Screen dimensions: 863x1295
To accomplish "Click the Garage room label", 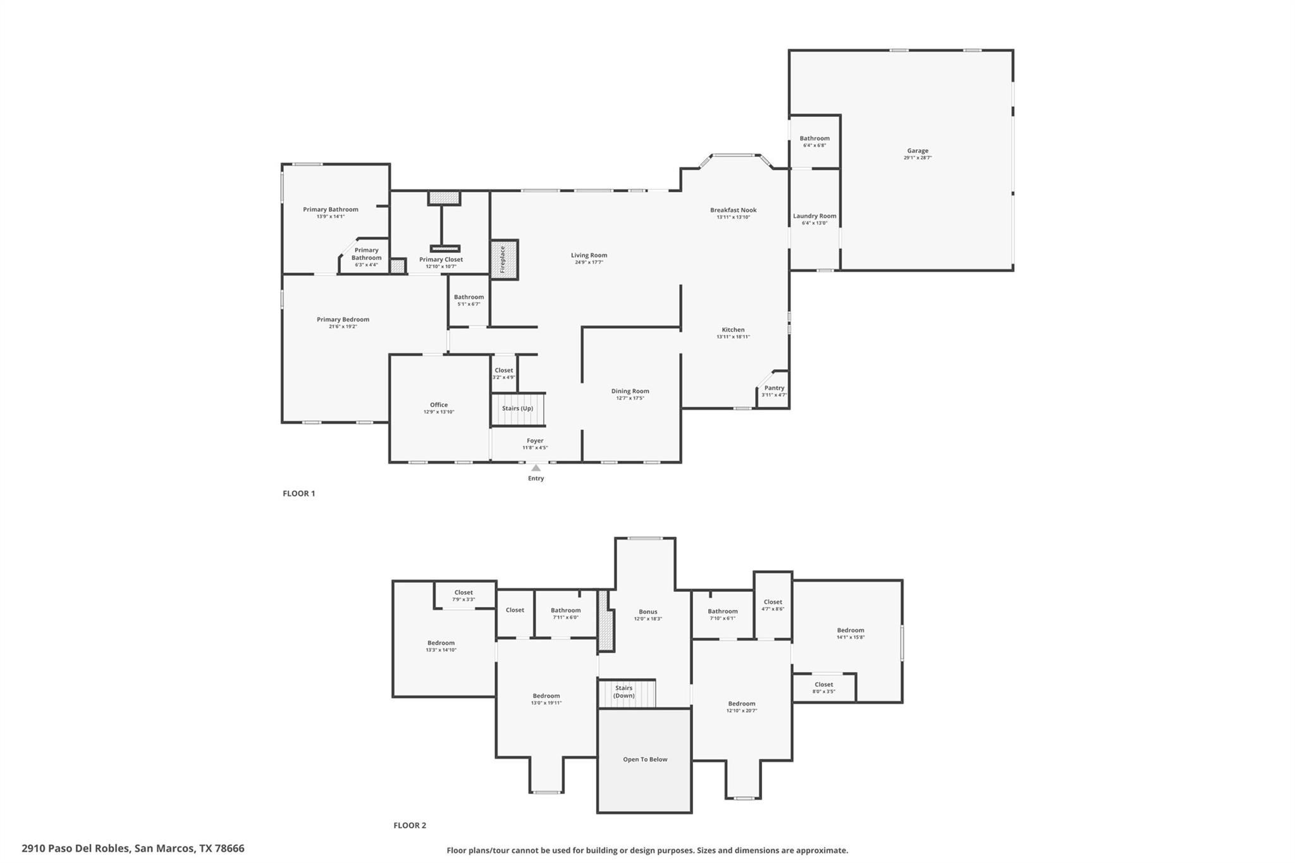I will click(918, 151).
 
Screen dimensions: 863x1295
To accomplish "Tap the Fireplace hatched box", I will click(504, 259).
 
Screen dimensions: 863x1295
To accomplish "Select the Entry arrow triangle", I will click(536, 468).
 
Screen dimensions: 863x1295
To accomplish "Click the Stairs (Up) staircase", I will click(518, 408).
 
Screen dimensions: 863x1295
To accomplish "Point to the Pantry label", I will click(774, 388).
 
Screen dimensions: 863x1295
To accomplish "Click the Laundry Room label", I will click(814, 216).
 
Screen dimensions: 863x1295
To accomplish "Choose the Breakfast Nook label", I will click(733, 210).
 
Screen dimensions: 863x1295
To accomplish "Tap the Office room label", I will click(439, 405).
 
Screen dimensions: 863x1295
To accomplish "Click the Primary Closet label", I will click(441, 259).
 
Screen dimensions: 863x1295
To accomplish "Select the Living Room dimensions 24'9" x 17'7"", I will click(589, 262).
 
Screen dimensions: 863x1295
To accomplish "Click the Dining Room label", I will click(630, 391).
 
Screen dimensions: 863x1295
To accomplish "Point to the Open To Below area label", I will click(645, 759).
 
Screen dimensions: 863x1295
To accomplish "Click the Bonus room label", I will click(647, 611).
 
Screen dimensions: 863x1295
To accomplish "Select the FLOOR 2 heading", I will click(410, 825).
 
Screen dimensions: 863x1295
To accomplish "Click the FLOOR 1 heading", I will click(298, 493).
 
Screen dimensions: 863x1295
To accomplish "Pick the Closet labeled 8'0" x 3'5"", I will click(823, 687).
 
